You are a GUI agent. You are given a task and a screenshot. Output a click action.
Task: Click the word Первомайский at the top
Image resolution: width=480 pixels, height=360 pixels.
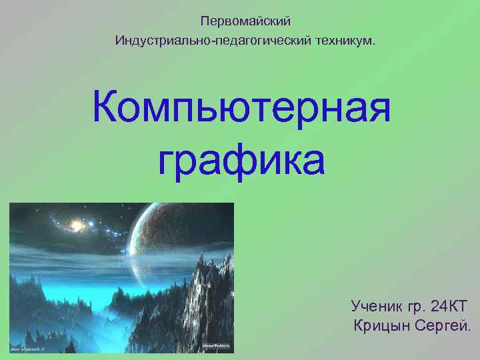coord(246,23)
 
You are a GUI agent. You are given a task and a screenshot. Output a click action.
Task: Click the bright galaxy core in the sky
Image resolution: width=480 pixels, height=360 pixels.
coord(76,227)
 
